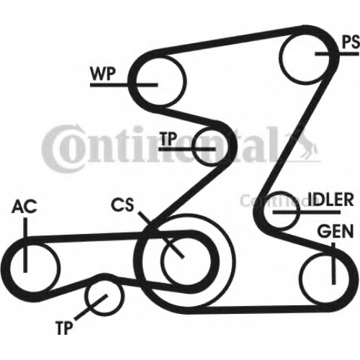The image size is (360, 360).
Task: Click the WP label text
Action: (x=102, y=73)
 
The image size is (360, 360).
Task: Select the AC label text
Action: (x=24, y=207)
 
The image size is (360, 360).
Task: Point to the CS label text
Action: (x=122, y=204)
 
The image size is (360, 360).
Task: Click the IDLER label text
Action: (x=330, y=199)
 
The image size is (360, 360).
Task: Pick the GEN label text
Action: (x=335, y=231)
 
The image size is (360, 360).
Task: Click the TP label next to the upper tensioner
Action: (x=169, y=139)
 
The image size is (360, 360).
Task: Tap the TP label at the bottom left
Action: (x=64, y=328)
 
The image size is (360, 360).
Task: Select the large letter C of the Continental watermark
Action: (x=55, y=148)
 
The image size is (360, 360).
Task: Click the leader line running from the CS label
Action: (x=161, y=235)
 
